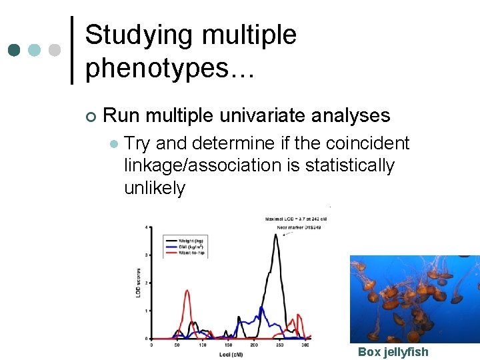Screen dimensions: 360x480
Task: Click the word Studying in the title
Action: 139,35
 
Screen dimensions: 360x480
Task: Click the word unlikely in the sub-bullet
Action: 155,188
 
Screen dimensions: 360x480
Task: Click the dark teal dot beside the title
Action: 14,51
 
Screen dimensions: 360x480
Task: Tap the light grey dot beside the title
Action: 55,51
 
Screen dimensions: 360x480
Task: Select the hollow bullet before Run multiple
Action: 91,117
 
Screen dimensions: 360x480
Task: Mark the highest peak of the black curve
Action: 275,234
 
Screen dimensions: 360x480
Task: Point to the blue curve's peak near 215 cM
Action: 262,308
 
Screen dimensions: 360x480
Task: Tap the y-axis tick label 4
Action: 147,228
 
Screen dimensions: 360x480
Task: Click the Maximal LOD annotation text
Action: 295,218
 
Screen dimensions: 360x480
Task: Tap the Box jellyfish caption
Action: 393,351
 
